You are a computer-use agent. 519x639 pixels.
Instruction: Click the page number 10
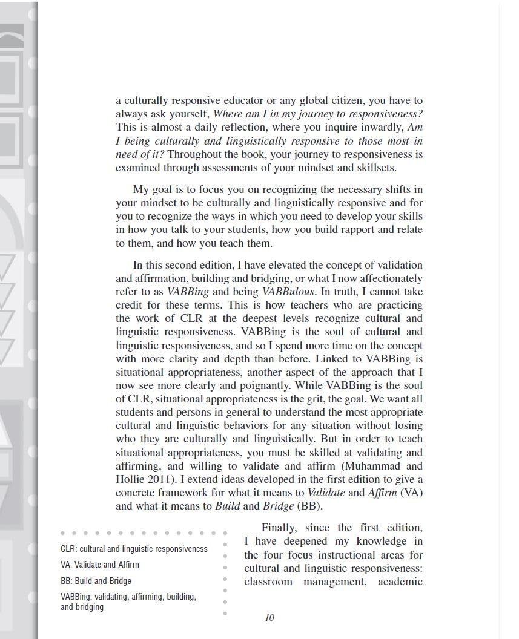(269, 618)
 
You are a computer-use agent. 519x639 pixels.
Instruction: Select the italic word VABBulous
(288, 292)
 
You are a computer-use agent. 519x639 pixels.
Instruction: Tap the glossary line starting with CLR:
(134, 549)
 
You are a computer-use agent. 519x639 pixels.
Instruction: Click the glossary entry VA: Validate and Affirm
(100, 565)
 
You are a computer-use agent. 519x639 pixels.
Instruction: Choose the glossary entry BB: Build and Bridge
(96, 581)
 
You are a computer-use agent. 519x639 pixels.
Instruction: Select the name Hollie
(131, 479)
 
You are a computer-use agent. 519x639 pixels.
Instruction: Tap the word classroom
(268, 582)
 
